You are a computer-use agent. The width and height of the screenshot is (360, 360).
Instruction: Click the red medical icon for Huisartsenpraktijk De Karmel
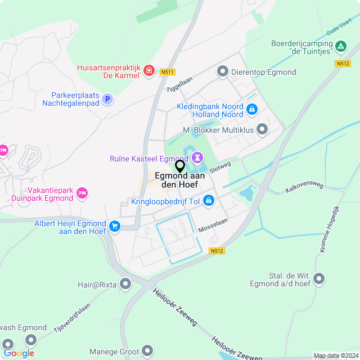tap(148, 70)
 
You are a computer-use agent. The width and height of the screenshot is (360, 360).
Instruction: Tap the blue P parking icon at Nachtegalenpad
tap(107, 100)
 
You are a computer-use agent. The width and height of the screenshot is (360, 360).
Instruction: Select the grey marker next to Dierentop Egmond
tap(223, 71)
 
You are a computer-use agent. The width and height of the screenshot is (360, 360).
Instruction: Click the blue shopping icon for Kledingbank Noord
tap(252, 109)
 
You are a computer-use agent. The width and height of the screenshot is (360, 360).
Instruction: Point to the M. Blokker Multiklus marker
tap(262, 130)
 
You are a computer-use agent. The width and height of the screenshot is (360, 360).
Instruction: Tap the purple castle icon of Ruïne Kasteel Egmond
tap(197, 156)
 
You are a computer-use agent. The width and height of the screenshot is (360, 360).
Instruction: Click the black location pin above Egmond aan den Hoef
tap(180, 166)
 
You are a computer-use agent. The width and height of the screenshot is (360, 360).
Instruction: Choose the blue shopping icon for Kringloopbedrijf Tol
tap(209, 200)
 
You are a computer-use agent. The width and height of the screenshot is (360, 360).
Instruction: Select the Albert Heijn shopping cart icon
tap(115, 226)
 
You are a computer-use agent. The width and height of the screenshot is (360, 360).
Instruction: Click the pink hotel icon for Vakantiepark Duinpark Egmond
tap(82, 193)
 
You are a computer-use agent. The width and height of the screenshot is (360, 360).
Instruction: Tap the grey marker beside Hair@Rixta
tap(125, 284)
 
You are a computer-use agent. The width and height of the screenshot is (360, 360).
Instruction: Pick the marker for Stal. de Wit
tap(319, 278)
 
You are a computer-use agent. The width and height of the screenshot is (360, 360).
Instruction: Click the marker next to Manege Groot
tap(147, 352)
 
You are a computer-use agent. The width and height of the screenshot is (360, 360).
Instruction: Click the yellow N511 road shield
tap(166, 72)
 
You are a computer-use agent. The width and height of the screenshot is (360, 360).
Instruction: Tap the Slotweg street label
tap(220, 167)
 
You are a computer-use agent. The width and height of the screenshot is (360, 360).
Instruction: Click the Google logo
tap(19, 353)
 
